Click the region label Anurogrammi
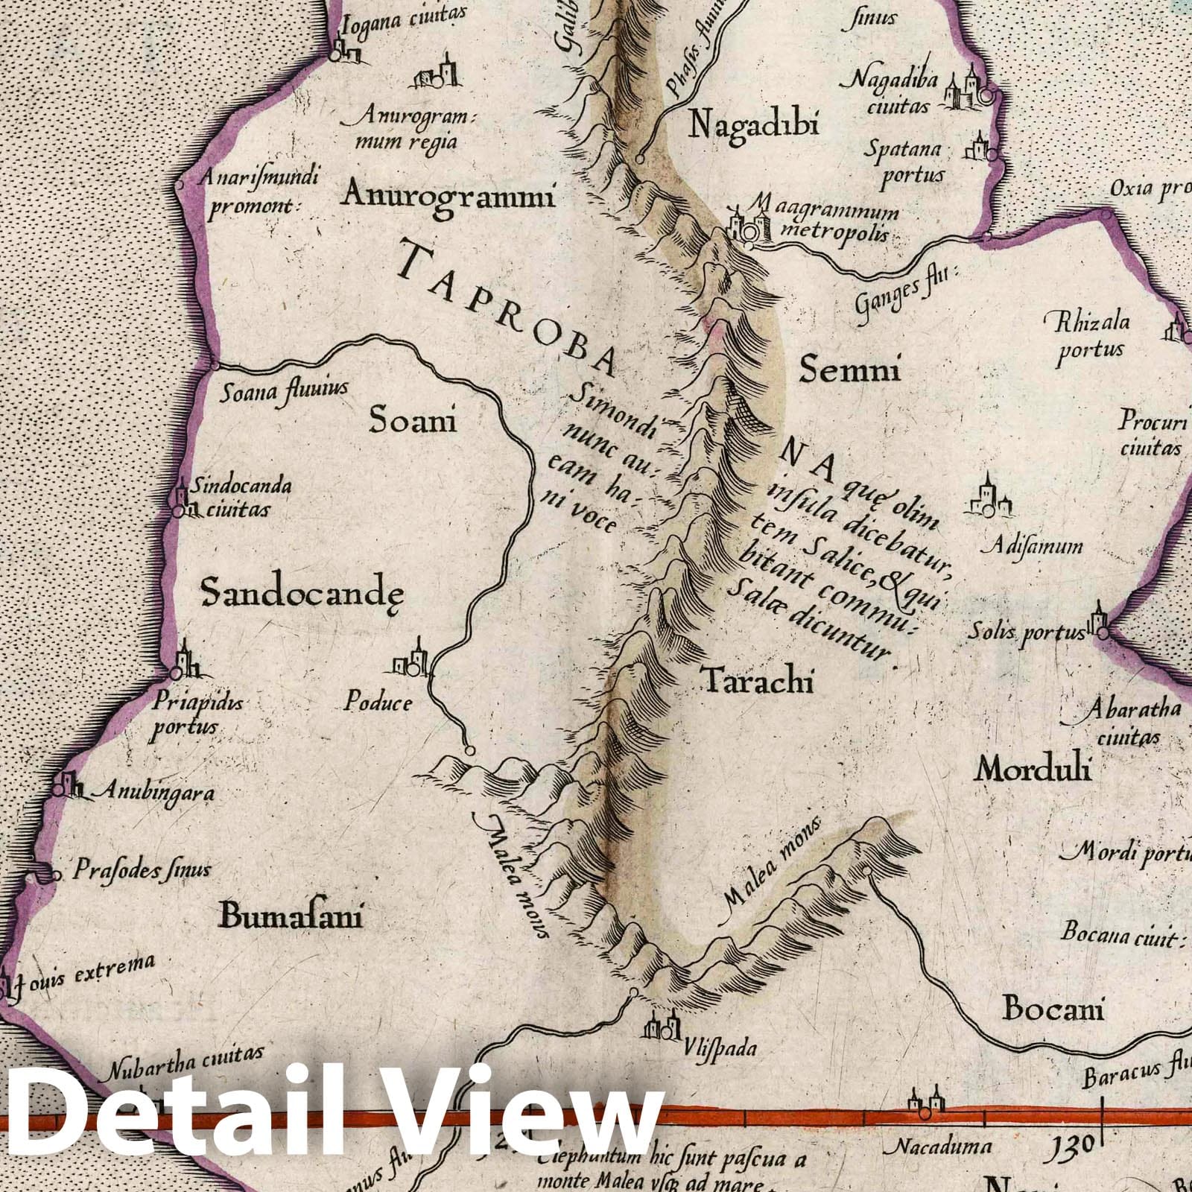448,196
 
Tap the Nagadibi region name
753,124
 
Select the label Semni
849,368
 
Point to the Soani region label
413,422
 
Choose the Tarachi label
758,680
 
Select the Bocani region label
1053,1009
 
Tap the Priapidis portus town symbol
182,662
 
